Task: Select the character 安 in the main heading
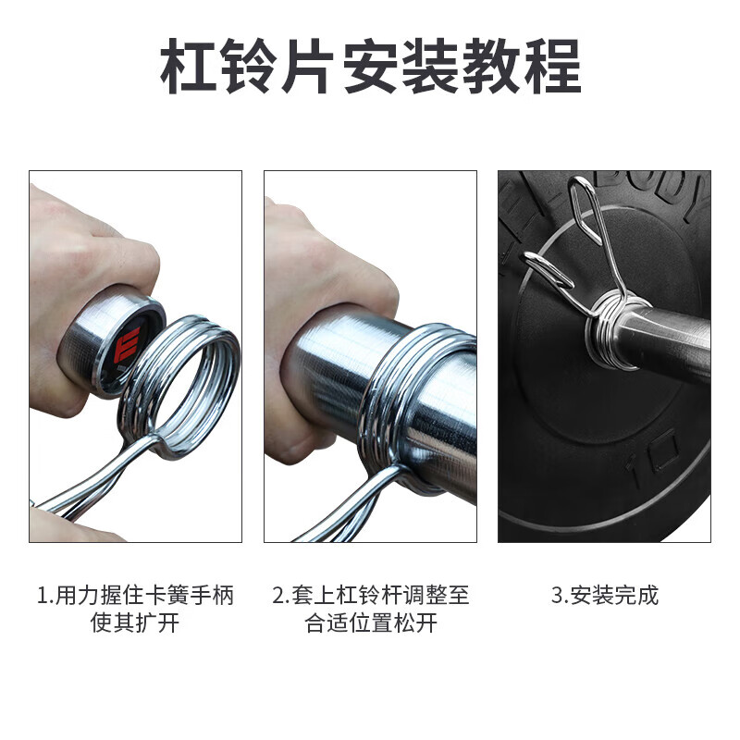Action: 370,66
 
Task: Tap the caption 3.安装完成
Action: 605,595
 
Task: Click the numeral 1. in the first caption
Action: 45,595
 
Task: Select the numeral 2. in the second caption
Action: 281,595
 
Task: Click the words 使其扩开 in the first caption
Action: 135,623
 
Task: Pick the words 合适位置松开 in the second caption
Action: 371,623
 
